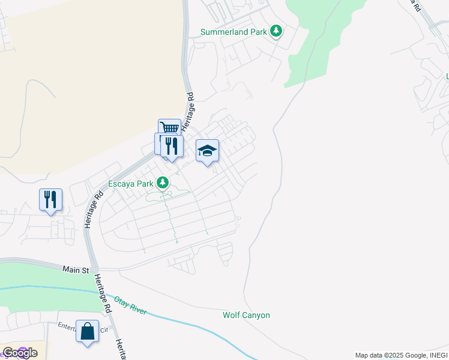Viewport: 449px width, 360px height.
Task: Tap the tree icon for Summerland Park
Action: pos(276,31)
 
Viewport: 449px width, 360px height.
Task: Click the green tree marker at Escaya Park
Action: pos(162,182)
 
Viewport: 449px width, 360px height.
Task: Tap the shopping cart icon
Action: pos(170,128)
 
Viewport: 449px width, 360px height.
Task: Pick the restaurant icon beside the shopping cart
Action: pos(172,145)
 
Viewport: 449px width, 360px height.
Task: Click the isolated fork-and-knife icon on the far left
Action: pos(50,199)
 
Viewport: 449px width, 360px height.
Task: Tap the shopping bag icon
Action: pos(87,331)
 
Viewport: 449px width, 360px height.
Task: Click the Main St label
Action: pos(76,271)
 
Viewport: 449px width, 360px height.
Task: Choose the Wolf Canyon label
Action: pos(246,315)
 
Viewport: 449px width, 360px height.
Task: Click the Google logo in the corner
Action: pos(20,353)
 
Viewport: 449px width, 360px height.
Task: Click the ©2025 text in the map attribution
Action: pos(390,355)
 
